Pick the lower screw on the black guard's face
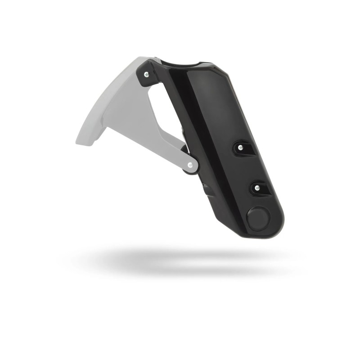click(257, 188)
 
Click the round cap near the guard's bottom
click(259, 220)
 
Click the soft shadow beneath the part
click(180, 261)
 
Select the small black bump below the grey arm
click(207, 189)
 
